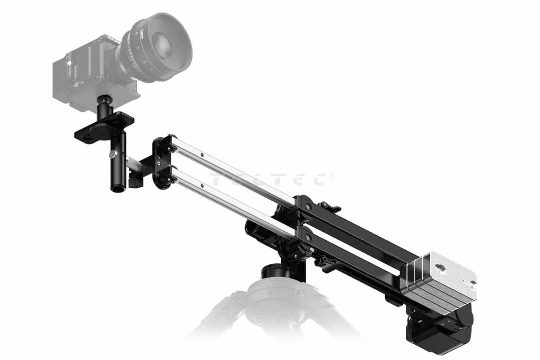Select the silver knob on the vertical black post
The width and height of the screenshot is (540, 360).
pos(112,154)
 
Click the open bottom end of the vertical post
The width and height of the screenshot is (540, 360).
pos(118,189)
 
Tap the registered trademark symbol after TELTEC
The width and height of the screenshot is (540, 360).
pos(333,176)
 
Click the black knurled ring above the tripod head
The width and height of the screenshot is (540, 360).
pos(274,271)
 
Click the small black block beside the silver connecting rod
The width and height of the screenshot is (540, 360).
pos(134,180)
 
